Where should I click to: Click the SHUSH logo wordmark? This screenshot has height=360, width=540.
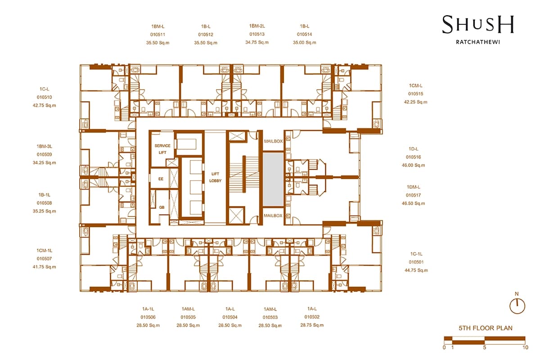pyautogui.click(x=478, y=25)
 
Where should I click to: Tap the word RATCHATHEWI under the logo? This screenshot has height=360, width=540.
pyautogui.click(x=478, y=42)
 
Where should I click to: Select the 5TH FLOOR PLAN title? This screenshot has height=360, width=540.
pyautogui.click(x=486, y=328)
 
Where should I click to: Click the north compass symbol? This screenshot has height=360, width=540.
pyautogui.click(x=517, y=306)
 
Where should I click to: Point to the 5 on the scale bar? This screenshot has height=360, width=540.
pyautogui.click(x=485, y=347)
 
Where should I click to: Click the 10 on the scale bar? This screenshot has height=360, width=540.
pyautogui.click(x=525, y=347)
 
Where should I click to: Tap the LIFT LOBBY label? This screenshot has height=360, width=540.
pyautogui.click(x=215, y=177)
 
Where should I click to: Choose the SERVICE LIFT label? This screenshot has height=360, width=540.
pyautogui.click(x=162, y=149)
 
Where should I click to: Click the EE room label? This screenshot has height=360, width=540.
pyautogui.click(x=161, y=179)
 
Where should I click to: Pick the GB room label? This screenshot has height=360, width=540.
pyautogui.click(x=162, y=207)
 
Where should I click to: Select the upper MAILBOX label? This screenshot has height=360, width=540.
pyautogui.click(x=274, y=141)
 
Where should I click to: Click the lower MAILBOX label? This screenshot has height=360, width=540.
pyautogui.click(x=273, y=216)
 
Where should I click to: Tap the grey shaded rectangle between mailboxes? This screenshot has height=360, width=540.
pyautogui.click(x=273, y=179)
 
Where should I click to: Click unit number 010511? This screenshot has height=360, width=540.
pyautogui.click(x=157, y=35)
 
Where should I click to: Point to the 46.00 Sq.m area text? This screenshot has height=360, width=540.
pyautogui.click(x=414, y=166)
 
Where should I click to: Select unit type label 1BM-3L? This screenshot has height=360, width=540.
pyautogui.click(x=45, y=146)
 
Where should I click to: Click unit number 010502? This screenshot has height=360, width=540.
pyautogui.click(x=312, y=317)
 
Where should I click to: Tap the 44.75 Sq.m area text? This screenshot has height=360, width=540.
pyautogui.click(x=416, y=270)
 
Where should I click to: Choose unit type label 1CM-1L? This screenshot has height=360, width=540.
pyautogui.click(x=45, y=251)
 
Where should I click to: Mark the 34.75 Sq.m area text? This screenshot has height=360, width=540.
pyautogui.click(x=257, y=42)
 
